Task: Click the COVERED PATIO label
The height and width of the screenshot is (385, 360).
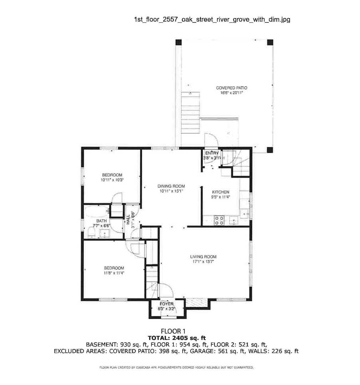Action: click(231, 88)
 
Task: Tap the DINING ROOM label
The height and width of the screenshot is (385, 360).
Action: click(171, 186)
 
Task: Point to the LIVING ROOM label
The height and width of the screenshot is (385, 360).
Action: click(203, 257)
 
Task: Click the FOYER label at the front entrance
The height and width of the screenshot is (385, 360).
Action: click(166, 304)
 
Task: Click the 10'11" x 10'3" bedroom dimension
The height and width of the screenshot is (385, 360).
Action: click(112, 180)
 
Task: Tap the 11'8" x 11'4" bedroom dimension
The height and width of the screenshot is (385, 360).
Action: click(114, 273)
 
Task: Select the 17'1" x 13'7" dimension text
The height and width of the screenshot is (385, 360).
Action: click(203, 262)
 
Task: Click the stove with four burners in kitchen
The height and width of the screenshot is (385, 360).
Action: click(219, 221)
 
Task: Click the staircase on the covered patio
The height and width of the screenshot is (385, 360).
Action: click(191, 113)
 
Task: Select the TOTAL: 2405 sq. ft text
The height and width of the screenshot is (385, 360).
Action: click(177, 338)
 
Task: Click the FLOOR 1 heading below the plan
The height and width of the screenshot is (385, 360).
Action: click(173, 331)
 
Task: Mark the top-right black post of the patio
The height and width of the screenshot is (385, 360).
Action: click(270, 42)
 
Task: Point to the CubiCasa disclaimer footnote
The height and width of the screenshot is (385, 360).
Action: click(176, 367)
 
